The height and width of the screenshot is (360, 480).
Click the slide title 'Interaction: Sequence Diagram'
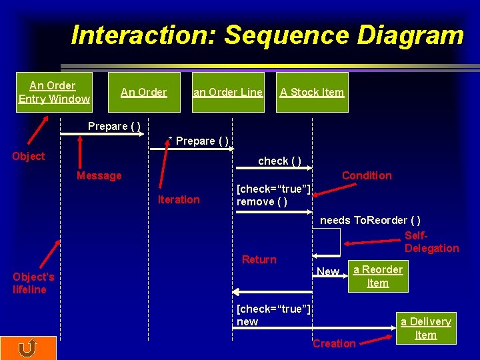click(267, 35)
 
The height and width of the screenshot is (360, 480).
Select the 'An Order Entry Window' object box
click(54, 92)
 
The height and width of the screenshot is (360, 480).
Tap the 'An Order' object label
click(143, 92)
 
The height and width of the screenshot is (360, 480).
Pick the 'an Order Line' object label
click(227, 92)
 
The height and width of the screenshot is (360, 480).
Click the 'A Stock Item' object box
click(312, 92)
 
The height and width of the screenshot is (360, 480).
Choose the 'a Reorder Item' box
click(377, 276)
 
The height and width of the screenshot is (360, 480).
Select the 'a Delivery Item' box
click(425, 328)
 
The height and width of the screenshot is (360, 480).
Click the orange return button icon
click(28, 348)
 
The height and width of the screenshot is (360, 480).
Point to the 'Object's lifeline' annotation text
click(33, 283)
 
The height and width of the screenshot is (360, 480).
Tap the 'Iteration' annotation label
click(178, 199)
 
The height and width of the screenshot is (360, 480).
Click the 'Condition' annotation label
click(367, 175)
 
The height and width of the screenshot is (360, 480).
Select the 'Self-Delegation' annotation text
click(431, 242)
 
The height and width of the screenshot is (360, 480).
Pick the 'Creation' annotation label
click(334, 343)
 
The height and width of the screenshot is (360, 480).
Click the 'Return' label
click(259, 259)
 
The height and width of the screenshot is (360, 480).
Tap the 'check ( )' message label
click(279, 161)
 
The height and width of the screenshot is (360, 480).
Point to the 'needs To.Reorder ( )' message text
click(370, 220)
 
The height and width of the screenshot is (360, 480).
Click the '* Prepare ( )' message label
click(198, 141)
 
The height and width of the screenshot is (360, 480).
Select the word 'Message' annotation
click(99, 175)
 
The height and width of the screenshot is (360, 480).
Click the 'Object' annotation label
click(29, 156)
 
